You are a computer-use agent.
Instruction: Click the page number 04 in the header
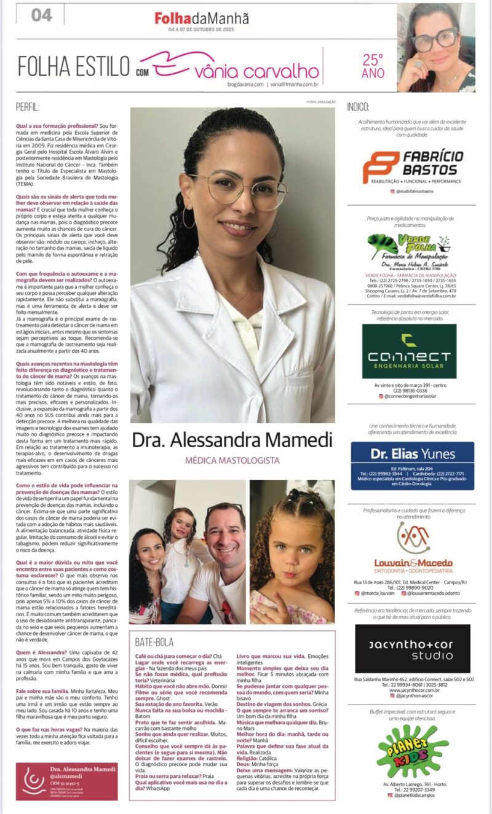click(x=42, y=15)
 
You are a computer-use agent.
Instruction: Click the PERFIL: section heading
click(x=28, y=106)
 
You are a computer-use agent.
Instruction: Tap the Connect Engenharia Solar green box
click(x=409, y=351)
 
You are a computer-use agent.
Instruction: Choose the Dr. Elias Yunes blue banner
click(x=412, y=465)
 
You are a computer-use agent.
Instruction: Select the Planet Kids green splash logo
click(x=412, y=751)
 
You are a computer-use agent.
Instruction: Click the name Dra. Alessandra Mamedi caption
click(x=232, y=440)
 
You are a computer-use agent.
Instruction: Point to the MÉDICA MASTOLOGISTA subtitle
click(x=232, y=460)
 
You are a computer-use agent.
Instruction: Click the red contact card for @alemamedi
click(x=66, y=781)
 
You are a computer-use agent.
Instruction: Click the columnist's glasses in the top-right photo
click(x=435, y=39)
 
